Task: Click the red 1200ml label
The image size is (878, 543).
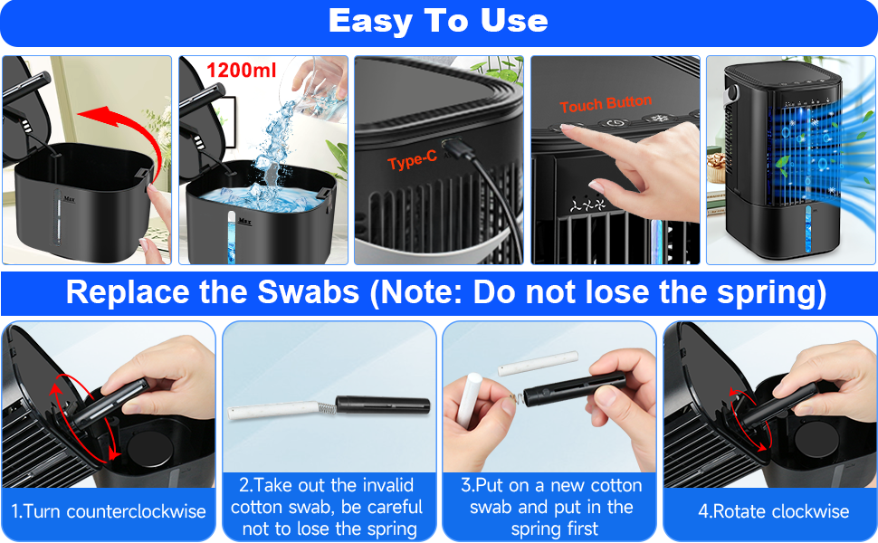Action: pos(242,71)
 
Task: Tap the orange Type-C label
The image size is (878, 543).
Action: pos(412,161)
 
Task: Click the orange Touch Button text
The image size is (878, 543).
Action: pos(606,104)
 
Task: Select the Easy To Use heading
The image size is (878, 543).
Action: pos(438,22)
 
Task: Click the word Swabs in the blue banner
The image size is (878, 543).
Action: pos(308,291)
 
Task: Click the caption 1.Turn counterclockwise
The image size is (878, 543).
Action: pos(109,511)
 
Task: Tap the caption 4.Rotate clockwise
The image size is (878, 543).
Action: pos(773,511)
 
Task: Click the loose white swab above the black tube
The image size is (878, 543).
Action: pos(538,363)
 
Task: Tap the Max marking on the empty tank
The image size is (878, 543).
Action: pos(70,199)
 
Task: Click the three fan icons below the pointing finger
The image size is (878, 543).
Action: pos(587,205)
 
